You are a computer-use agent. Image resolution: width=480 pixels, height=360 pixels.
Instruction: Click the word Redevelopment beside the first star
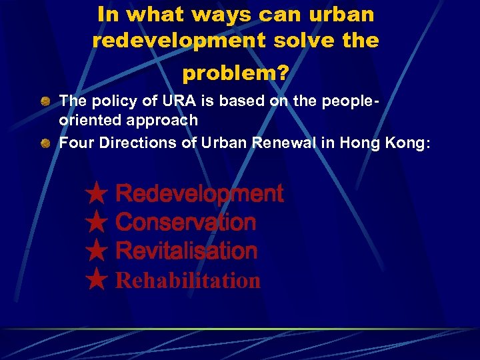(x=199, y=194)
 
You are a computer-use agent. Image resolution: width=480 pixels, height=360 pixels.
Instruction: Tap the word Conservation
(x=185, y=223)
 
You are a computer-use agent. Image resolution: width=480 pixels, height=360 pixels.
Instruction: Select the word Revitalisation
(x=186, y=251)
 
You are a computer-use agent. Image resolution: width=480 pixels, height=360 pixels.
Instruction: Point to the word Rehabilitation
(x=187, y=281)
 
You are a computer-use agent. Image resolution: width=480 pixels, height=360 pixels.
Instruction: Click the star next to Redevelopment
(x=97, y=194)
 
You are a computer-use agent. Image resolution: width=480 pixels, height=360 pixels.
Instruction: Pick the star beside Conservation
(x=97, y=223)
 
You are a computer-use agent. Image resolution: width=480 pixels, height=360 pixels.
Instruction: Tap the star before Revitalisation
(x=97, y=251)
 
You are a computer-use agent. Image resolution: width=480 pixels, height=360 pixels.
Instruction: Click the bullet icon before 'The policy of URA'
(x=45, y=101)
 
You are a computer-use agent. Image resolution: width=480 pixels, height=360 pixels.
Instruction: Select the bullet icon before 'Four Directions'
(x=45, y=142)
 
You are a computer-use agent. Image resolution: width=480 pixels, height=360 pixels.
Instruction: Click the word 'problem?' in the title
(x=235, y=73)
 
